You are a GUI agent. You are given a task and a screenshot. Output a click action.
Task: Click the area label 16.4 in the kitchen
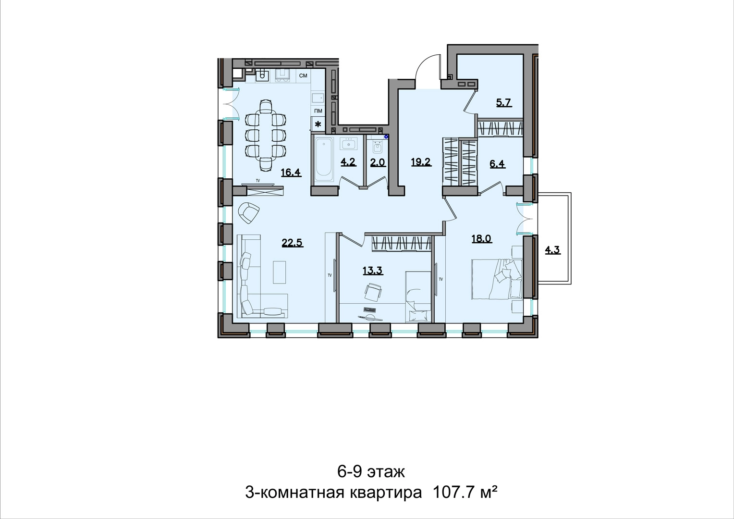[x=291, y=172]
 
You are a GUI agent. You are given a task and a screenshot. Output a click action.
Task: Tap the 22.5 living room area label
[x=292, y=243]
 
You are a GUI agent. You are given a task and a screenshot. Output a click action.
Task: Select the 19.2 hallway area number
[x=421, y=162]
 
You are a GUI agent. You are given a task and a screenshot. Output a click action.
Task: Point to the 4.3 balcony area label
[x=552, y=250]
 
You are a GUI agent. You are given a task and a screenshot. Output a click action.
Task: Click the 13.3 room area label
[x=373, y=271]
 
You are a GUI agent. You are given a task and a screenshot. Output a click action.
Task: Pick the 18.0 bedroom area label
[x=482, y=239]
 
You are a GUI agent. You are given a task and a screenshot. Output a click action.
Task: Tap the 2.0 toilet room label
[x=378, y=162]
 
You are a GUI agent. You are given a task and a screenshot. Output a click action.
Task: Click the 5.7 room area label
[x=504, y=103]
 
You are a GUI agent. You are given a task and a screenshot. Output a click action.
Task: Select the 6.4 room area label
[x=497, y=163]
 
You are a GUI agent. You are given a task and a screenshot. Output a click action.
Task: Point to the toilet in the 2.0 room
[x=377, y=147]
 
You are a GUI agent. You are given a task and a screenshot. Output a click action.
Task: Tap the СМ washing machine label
[x=304, y=76]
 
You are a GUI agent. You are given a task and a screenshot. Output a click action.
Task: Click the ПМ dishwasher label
[x=318, y=111]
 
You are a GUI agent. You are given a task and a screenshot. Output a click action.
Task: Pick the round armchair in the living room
[x=249, y=212]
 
